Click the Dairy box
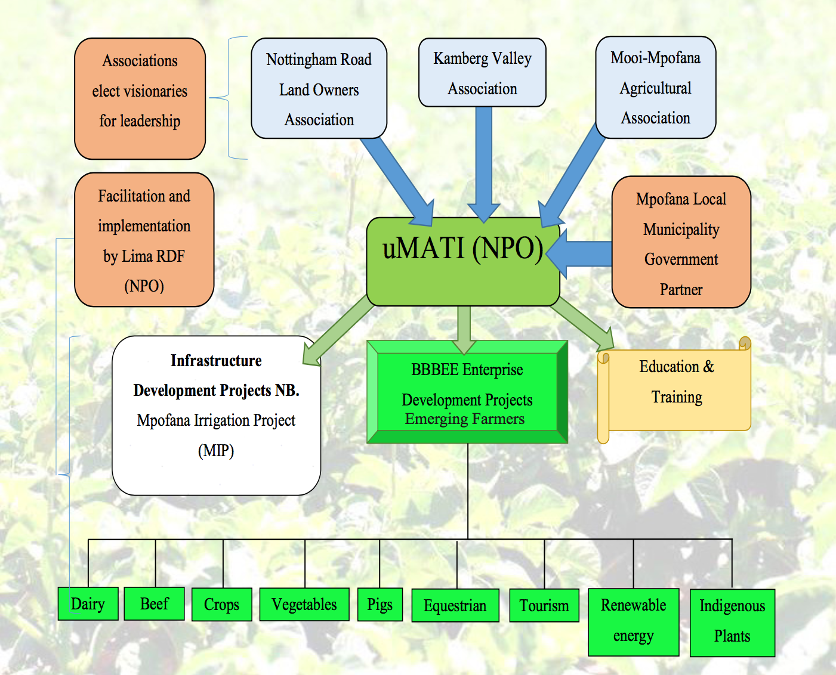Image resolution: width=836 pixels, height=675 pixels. tap(88, 603)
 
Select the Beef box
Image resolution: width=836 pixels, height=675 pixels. tap(154, 603)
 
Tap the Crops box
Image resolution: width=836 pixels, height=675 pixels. tap(221, 605)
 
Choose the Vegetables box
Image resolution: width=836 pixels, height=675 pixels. tap(304, 605)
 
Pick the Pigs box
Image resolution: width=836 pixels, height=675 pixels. tap(380, 605)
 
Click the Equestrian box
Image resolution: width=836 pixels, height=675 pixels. tap(455, 606)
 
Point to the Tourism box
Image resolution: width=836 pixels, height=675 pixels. tap(544, 606)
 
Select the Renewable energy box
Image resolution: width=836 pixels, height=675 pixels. tap(634, 622)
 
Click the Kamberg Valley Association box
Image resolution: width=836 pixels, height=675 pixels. tap(482, 73)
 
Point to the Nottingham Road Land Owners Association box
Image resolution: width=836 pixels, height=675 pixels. tap(319, 89)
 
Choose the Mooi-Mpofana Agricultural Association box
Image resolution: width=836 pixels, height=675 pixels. tap(656, 88)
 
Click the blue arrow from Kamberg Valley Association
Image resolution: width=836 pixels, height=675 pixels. tap(483, 161)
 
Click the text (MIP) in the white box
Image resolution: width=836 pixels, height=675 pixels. tap(216, 451)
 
